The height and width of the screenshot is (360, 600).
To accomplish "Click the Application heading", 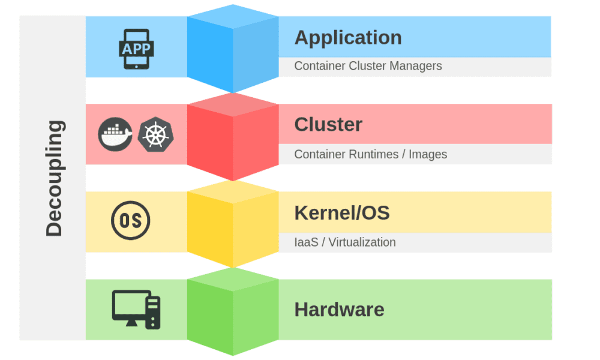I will [x=347, y=38].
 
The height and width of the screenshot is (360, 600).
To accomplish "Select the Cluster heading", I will [x=328, y=125].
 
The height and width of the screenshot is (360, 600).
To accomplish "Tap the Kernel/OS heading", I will [x=341, y=212].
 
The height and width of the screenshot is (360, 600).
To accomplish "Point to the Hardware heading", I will [x=339, y=310].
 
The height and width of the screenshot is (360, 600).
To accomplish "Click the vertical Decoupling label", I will [x=54, y=178].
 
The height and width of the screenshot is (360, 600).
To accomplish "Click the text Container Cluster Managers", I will [x=368, y=66].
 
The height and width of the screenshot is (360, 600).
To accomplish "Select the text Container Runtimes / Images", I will [x=370, y=154].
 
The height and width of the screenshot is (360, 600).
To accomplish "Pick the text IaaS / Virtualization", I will [x=344, y=242].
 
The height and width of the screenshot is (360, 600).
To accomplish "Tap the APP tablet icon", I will [x=136, y=48].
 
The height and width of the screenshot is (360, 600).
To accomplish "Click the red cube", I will [x=233, y=137].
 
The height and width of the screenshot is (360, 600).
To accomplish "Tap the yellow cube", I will [x=233, y=224].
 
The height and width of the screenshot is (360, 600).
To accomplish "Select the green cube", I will [x=233, y=312].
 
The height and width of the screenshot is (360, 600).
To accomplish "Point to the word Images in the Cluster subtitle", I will [x=428, y=154].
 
